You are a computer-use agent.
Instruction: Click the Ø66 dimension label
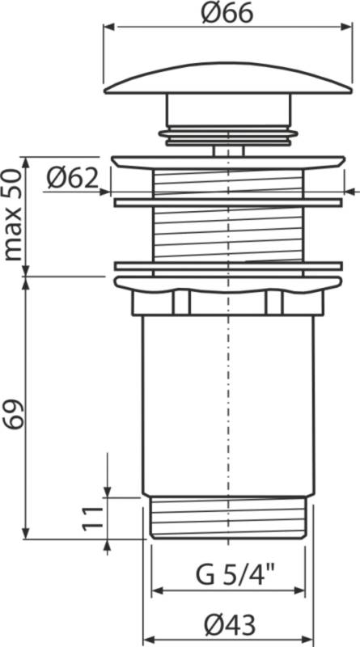[x=227, y=14]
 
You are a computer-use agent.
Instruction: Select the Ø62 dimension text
[x=72, y=178]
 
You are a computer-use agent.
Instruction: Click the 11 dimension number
[x=92, y=518]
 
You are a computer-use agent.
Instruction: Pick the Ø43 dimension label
[x=230, y=625]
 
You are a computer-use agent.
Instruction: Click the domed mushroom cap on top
[x=228, y=78]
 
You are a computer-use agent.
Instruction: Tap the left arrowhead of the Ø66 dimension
[x=109, y=27]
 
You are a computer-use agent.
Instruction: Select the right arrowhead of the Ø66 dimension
[x=347, y=27]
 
